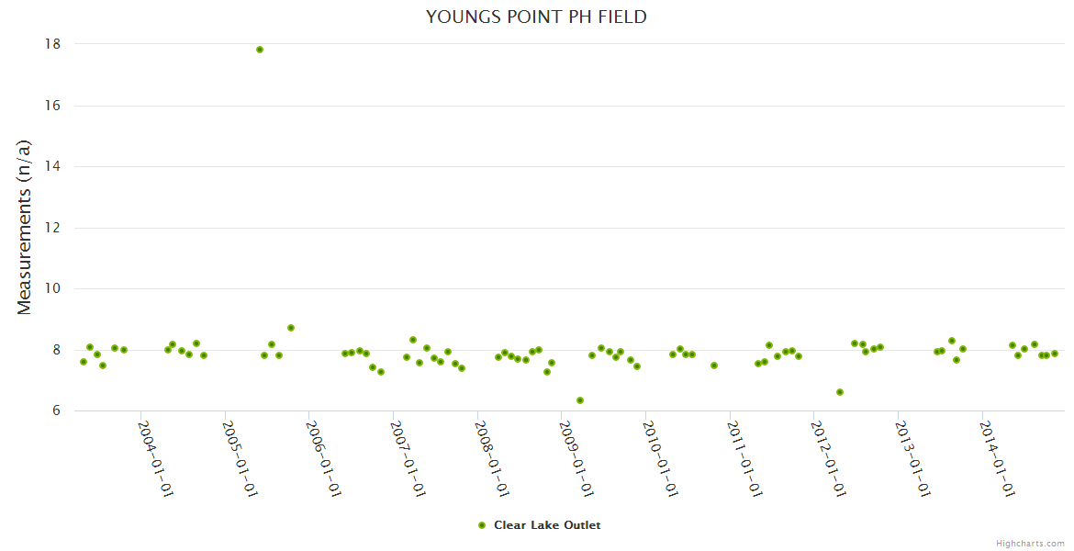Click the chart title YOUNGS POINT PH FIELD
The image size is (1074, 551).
(536, 17)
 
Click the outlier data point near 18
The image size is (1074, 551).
(260, 50)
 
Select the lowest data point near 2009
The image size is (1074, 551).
(580, 400)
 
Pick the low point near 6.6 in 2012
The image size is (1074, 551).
(840, 392)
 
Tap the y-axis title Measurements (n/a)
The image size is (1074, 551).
(25, 227)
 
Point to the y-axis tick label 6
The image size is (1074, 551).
(56, 410)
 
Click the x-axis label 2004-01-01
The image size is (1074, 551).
(156, 458)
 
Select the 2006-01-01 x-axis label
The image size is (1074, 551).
(324, 458)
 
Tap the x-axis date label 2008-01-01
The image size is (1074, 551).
(493, 458)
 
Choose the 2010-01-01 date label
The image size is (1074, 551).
(661, 458)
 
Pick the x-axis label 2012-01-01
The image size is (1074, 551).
(829, 458)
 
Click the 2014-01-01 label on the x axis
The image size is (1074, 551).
(998, 458)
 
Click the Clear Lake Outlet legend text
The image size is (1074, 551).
(547, 525)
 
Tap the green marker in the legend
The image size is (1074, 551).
(482, 525)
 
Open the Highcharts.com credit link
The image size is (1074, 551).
(1030, 543)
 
